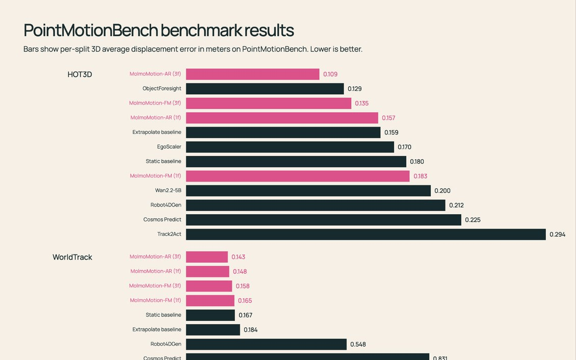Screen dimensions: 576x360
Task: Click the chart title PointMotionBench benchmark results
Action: click(x=159, y=31)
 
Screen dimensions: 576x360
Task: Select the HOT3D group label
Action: click(x=80, y=74)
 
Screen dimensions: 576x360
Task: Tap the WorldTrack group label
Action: click(x=72, y=257)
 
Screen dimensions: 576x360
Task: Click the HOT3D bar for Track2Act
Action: click(x=366, y=235)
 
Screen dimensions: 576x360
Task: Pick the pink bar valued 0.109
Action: click(x=253, y=74)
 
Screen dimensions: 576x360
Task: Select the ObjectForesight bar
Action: click(x=265, y=89)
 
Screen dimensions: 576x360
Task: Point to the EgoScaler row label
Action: click(x=169, y=147)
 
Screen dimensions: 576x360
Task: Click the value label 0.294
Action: click(x=557, y=235)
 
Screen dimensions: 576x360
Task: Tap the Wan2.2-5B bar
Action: click(x=308, y=191)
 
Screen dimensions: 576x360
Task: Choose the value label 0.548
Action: click(x=358, y=344)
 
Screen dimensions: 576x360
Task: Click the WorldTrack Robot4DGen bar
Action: click(x=266, y=344)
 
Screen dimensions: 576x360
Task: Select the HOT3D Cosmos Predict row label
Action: click(x=163, y=220)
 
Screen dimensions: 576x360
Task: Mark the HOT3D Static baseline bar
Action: click(x=296, y=162)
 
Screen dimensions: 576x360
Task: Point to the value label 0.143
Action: click(x=239, y=257)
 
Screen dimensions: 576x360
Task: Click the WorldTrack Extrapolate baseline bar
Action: click(x=213, y=330)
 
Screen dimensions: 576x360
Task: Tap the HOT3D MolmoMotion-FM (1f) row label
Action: click(x=155, y=176)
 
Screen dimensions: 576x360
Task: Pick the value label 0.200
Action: click(x=442, y=191)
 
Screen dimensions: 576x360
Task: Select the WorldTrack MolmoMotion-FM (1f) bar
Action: click(x=210, y=301)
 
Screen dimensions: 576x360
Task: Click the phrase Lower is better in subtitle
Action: click(x=336, y=49)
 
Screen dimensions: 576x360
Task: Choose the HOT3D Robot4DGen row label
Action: click(x=166, y=205)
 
